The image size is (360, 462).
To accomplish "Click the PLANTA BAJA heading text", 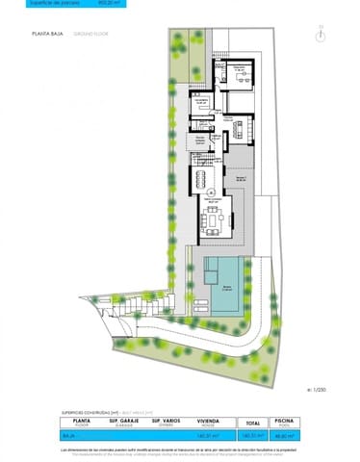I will pyautogui.click(x=45, y=33).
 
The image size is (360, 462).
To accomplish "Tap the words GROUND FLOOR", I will pyautogui.click(x=89, y=33).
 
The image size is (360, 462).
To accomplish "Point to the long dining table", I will pyautogui.click(x=205, y=180).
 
